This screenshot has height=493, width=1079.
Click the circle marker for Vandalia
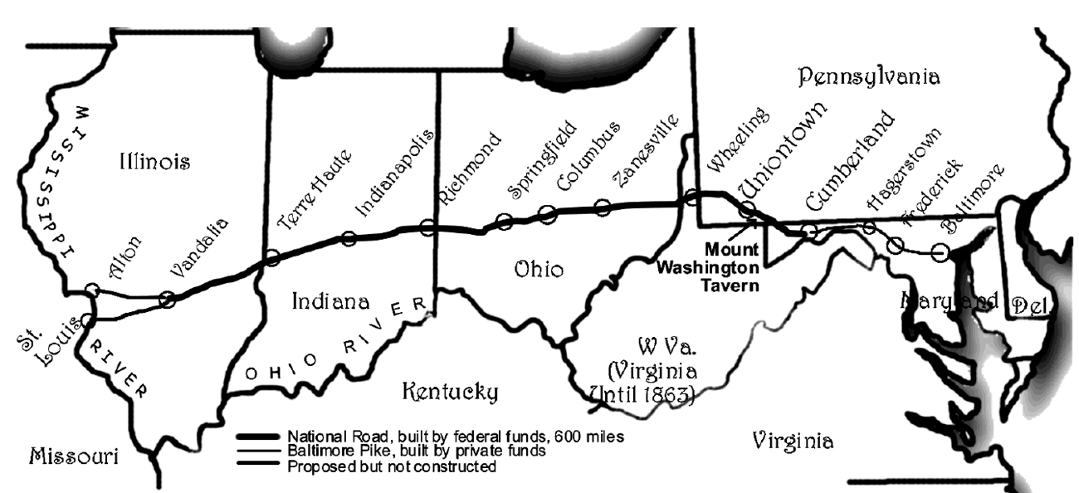click(x=168, y=300)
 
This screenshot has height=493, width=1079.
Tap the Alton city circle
click(x=93, y=290)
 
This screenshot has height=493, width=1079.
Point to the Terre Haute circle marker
click(x=271, y=258)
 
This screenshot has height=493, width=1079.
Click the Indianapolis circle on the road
click(x=349, y=239)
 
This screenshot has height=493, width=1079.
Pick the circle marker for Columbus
click(x=547, y=214)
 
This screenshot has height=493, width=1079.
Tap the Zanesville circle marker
click(x=603, y=207)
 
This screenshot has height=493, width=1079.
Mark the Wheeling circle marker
click(x=691, y=197)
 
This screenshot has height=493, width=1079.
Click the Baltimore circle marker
click(x=940, y=251)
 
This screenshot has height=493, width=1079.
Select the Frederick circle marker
click(x=896, y=245)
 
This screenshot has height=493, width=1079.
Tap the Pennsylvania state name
click(x=869, y=78)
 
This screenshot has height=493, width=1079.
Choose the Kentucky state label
click(x=449, y=390)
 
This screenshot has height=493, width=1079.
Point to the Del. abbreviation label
click(x=1029, y=306)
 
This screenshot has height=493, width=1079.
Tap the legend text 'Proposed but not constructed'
click(x=392, y=467)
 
